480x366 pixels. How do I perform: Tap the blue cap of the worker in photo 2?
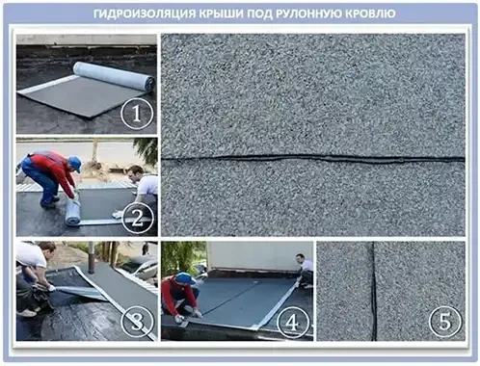(x=73, y=163)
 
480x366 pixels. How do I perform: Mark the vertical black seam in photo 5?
(x=373, y=289)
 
